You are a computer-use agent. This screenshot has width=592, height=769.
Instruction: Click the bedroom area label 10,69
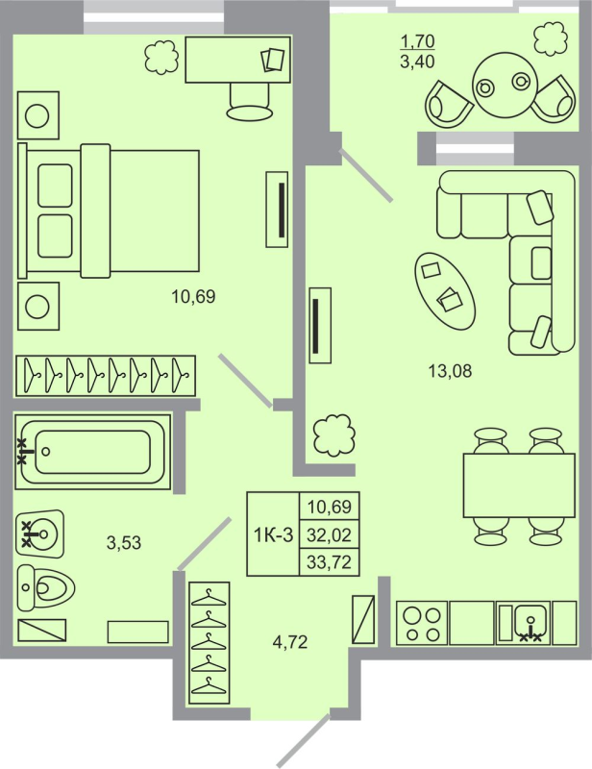[193, 297]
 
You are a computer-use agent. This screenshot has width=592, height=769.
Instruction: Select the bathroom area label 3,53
[124, 542]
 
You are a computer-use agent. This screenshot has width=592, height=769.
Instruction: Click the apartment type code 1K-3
[273, 534]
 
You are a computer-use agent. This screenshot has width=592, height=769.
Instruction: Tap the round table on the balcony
[504, 84]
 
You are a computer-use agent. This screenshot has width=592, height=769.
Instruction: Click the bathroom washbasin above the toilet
[39, 532]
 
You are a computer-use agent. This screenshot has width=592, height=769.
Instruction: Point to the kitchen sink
[523, 622]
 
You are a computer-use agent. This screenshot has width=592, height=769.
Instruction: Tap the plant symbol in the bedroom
[161, 59]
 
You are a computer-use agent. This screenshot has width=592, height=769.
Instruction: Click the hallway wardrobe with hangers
[210, 641]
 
